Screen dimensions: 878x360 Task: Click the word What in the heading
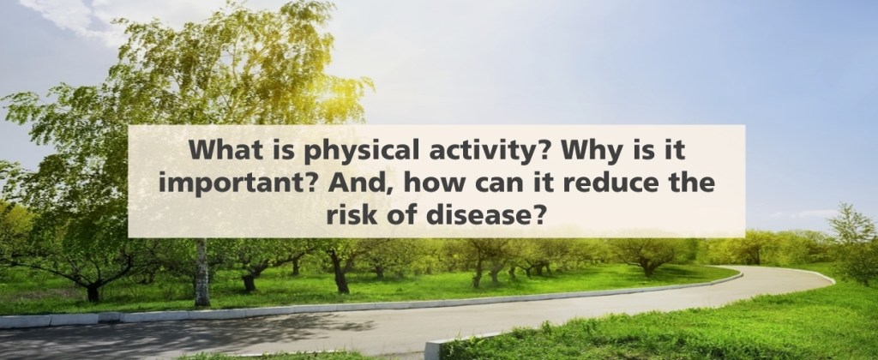coord(220,150)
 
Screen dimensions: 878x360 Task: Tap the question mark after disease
coord(538,215)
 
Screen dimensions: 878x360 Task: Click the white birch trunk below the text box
coord(201,273)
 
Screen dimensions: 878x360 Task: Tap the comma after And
coord(381,192)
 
